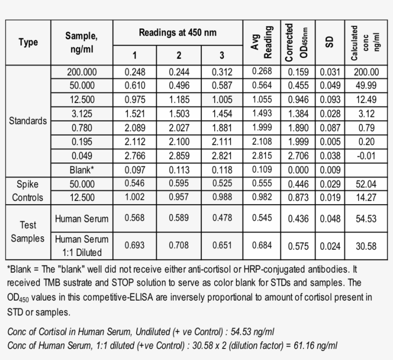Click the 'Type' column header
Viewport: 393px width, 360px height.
[x=28, y=42]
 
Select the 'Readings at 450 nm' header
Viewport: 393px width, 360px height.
[x=178, y=33]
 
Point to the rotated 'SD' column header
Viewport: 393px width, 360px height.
[x=329, y=42]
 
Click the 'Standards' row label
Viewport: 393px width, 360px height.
[x=28, y=121]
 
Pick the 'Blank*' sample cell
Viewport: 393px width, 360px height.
[x=81, y=170]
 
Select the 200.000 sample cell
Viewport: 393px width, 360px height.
[x=81, y=72]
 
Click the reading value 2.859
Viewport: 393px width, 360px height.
[x=179, y=156]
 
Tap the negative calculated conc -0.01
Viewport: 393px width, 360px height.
[x=366, y=156]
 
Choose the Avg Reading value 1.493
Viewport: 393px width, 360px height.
[x=262, y=114]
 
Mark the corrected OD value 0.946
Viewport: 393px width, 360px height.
[x=299, y=100]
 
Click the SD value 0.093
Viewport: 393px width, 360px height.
[x=329, y=100]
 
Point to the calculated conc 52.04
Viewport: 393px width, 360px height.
[x=366, y=184]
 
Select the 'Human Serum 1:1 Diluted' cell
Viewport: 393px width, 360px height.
[x=81, y=245]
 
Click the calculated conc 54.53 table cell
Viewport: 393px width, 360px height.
[x=366, y=219]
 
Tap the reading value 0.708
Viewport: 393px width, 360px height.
[x=179, y=245]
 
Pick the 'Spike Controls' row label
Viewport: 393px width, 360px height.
[x=27, y=191]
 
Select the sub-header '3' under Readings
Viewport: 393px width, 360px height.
[x=222, y=55]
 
